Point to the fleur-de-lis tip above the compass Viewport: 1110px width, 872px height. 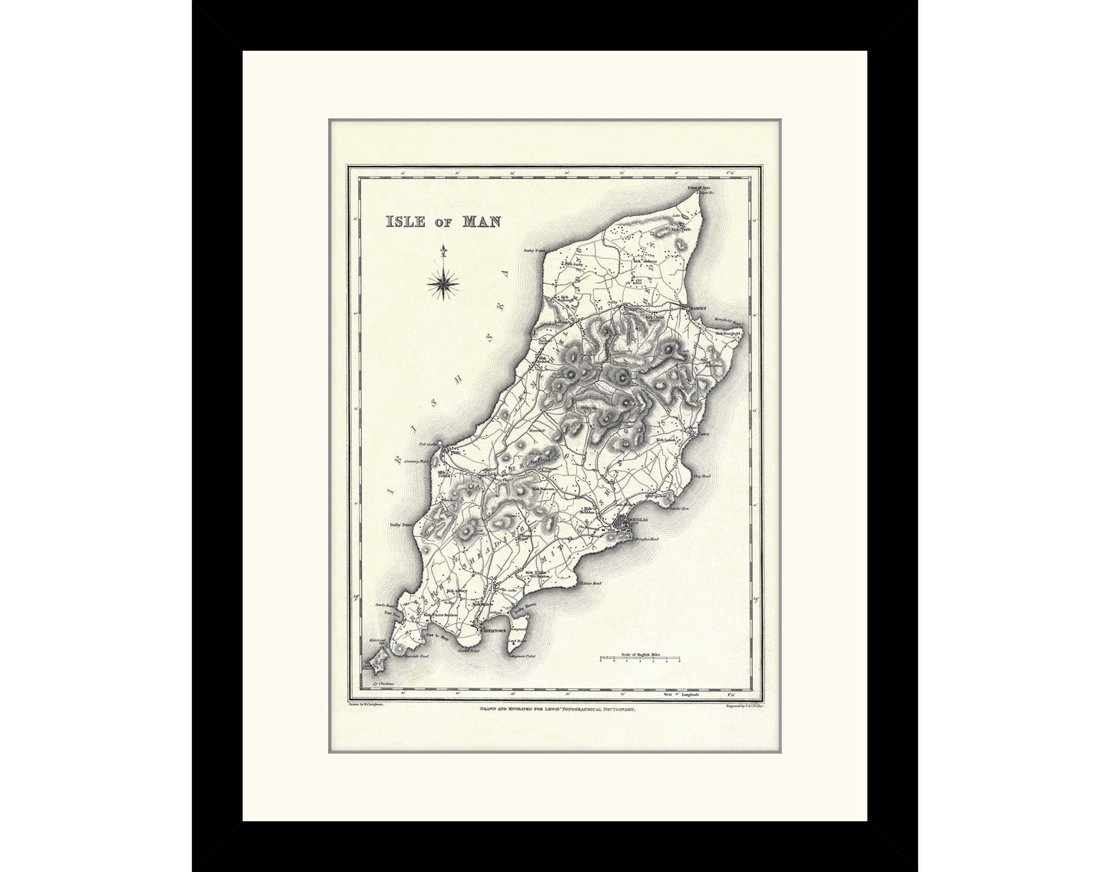point(443,250)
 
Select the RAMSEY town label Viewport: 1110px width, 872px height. point(696,307)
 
